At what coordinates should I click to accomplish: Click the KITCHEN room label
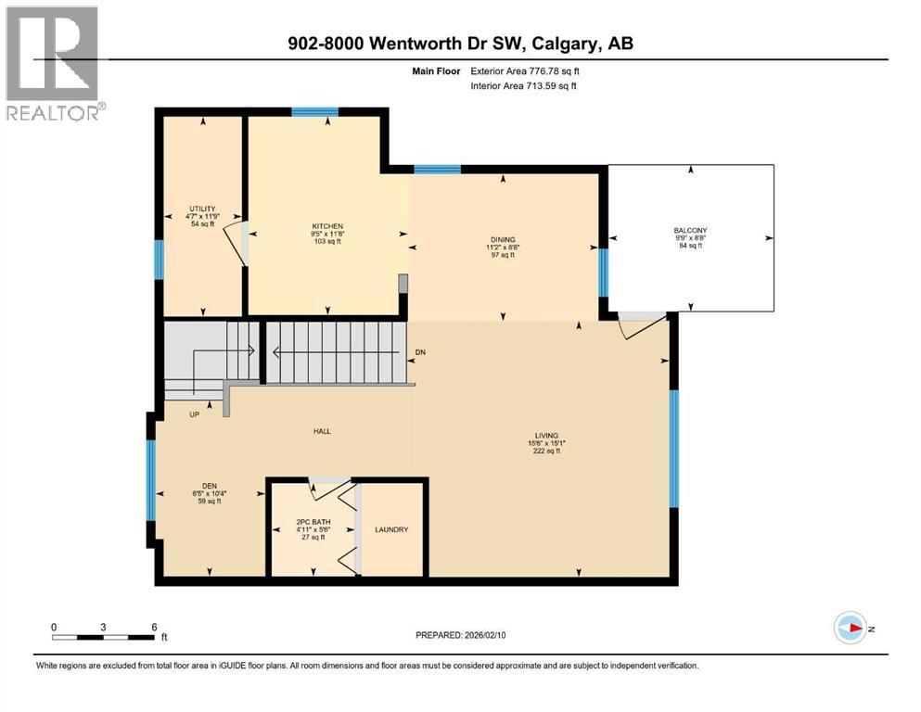point(327,226)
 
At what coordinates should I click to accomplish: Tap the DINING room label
point(503,239)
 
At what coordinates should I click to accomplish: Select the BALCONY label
point(690,231)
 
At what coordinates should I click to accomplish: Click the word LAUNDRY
point(391,529)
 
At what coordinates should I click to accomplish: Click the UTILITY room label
point(202,209)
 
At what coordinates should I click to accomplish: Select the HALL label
point(322,431)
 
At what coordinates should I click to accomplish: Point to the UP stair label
point(195,414)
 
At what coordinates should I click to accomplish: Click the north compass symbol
point(850,628)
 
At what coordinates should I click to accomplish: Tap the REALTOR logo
point(53,63)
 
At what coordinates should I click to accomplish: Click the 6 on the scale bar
point(154,627)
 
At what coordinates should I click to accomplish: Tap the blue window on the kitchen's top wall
point(314,112)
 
